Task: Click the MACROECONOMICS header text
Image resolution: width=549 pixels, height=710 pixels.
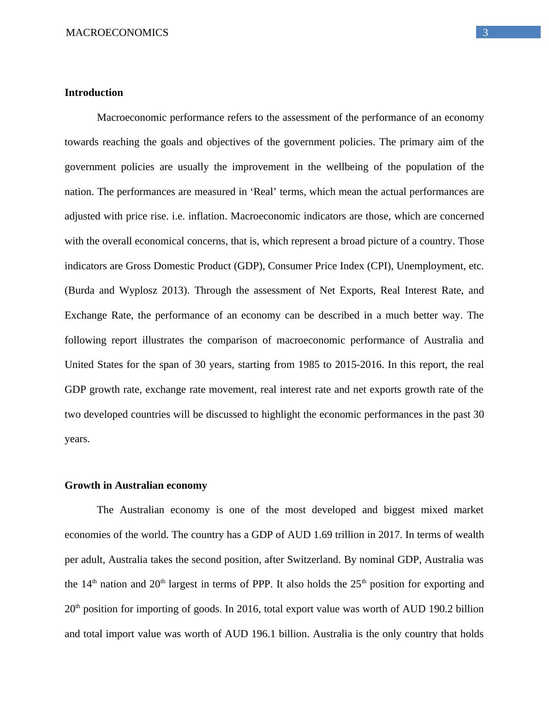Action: point(117,33)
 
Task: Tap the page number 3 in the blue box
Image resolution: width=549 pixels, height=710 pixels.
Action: point(485,32)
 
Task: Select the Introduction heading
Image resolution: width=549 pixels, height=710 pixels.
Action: point(94,93)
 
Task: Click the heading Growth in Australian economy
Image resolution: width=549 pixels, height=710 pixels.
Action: point(136,485)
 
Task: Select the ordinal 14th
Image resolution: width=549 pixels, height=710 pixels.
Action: point(89,585)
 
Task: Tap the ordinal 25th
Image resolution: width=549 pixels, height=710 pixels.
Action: point(358,585)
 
